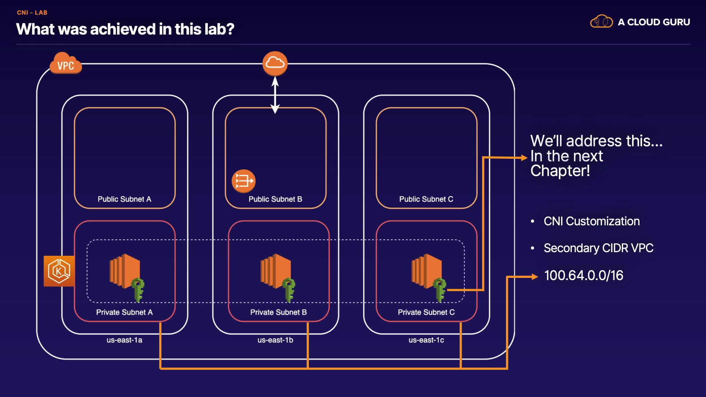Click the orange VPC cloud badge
[x=65, y=64]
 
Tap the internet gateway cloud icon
[x=275, y=63]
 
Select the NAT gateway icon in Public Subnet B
[x=243, y=181]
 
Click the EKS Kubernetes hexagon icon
[x=59, y=271]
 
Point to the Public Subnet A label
[x=124, y=199]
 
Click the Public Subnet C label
[x=426, y=199]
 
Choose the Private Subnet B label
[x=278, y=312]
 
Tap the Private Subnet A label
[x=124, y=312]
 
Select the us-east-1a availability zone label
[x=124, y=340]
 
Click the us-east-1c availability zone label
[x=426, y=340]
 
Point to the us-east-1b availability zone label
[x=275, y=340]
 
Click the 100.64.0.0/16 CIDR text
[x=584, y=275]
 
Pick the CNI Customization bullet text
[x=592, y=221]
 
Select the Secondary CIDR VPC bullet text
[x=598, y=248]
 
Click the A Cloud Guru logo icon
[x=602, y=22]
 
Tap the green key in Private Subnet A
[x=138, y=290]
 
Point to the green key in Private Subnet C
[x=440, y=290]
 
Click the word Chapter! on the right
[x=560, y=171]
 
